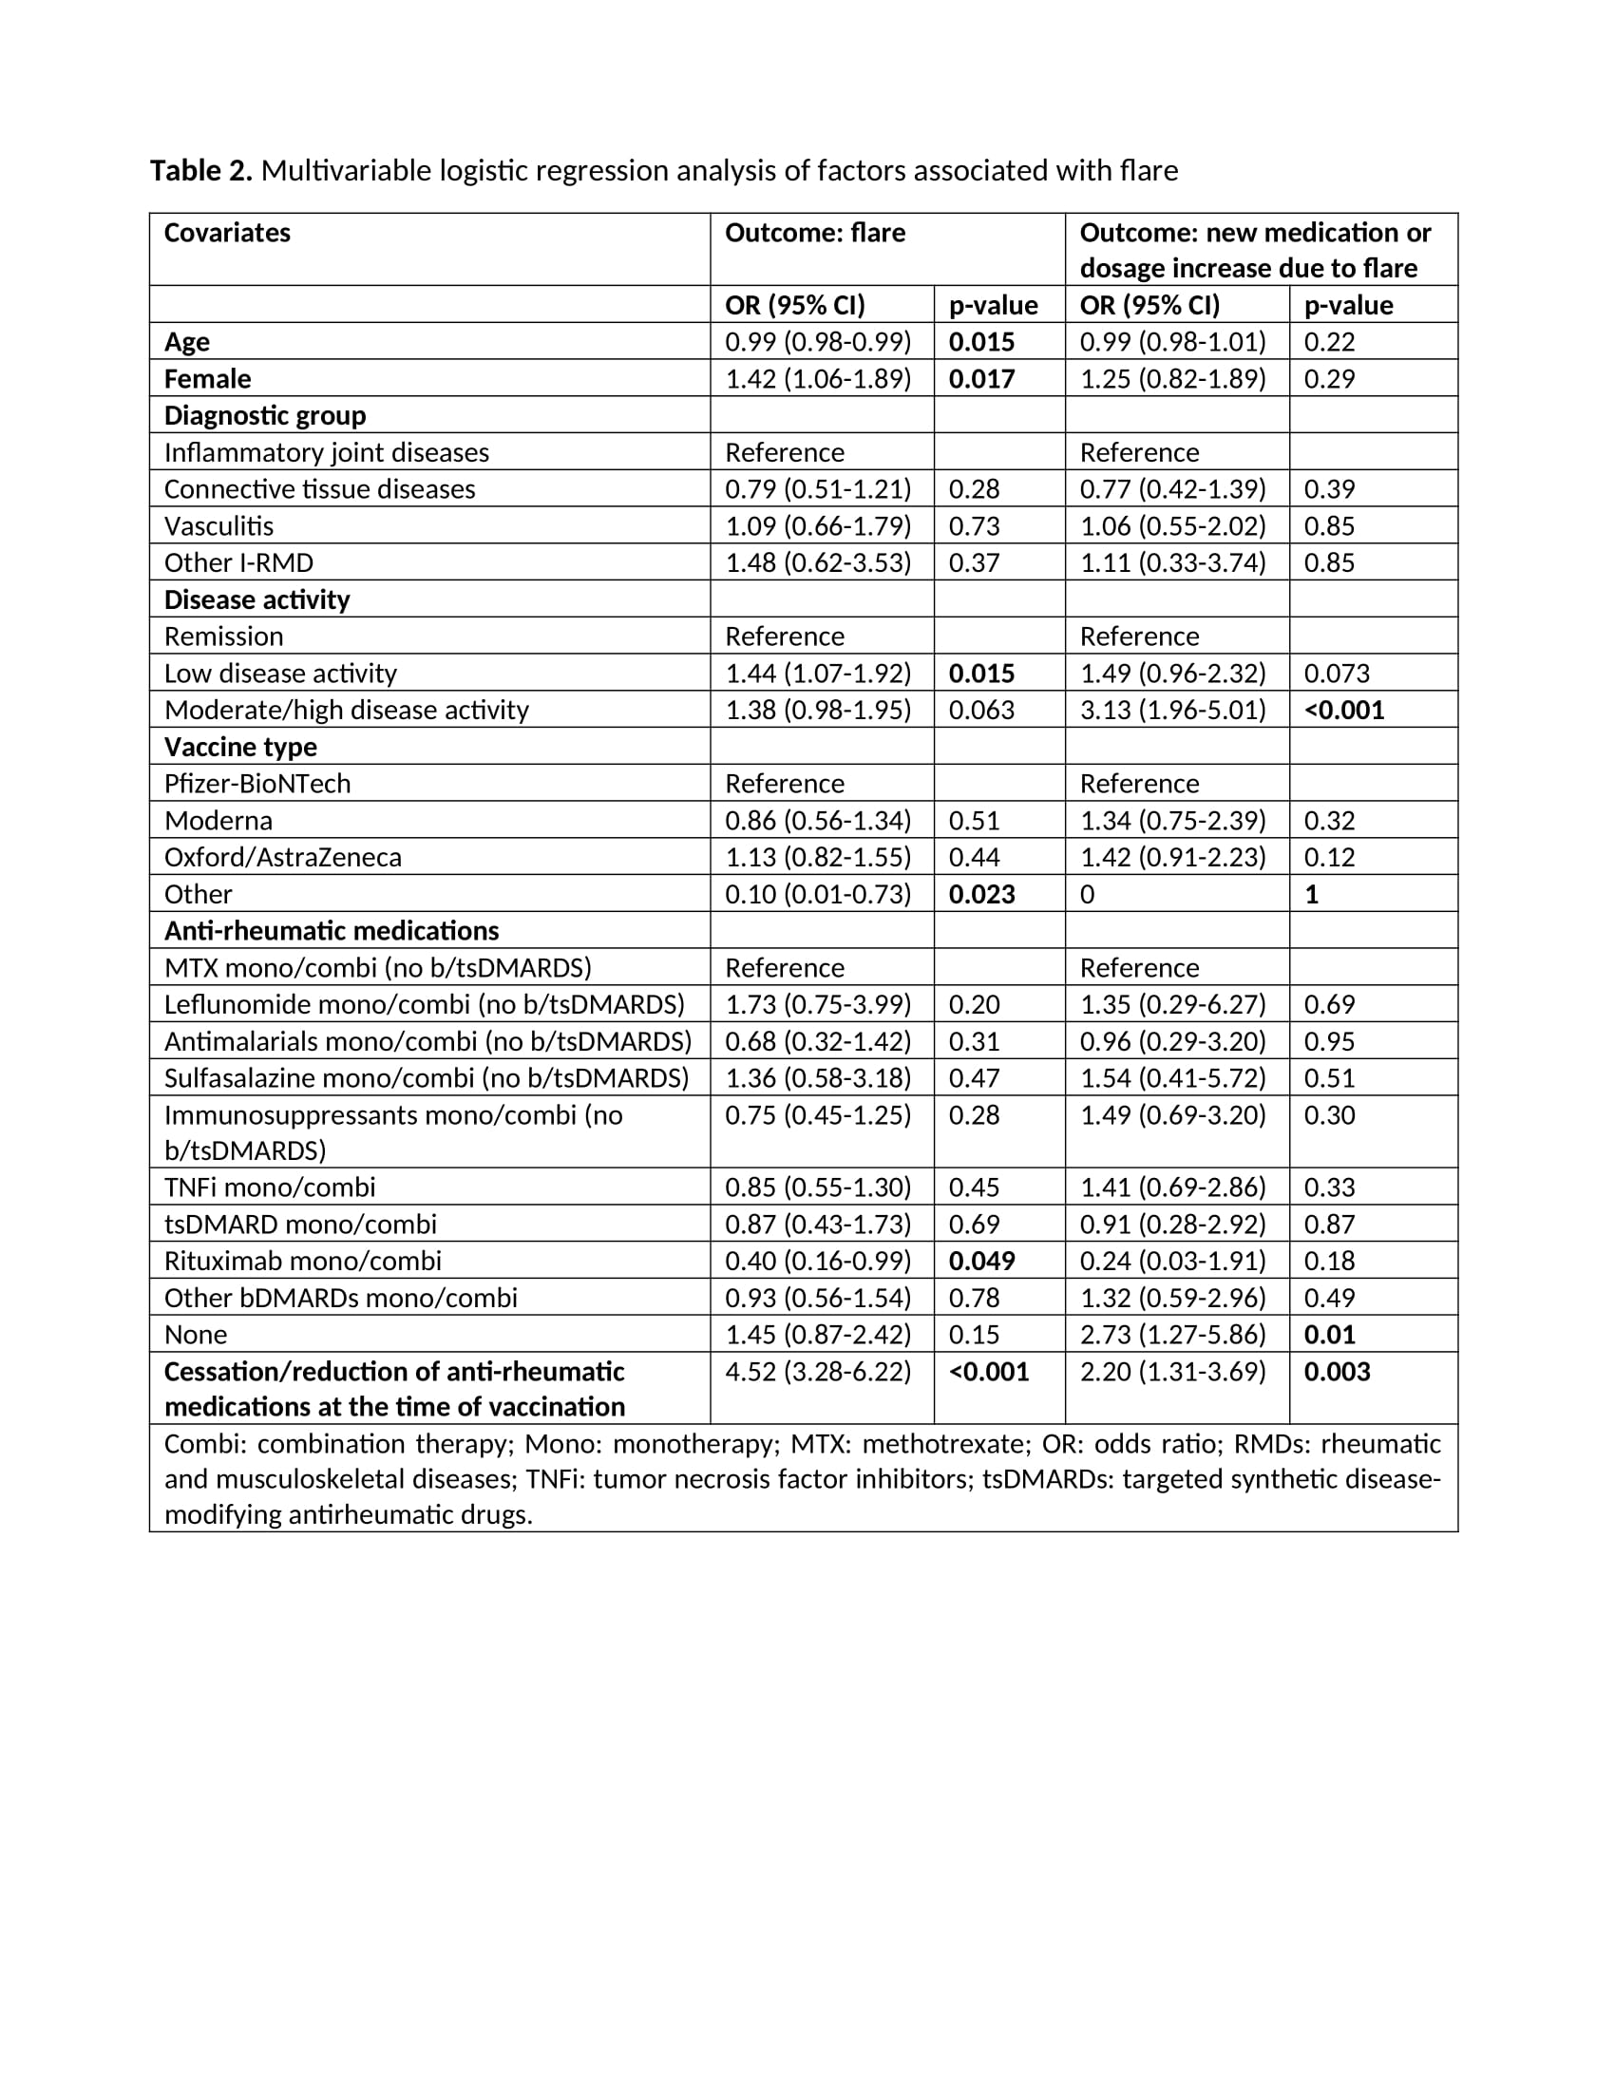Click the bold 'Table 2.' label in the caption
point(200,171)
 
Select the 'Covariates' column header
point(227,234)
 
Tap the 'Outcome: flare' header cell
point(814,234)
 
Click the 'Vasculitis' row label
point(218,526)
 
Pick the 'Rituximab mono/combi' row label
point(302,1262)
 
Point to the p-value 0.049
point(980,1262)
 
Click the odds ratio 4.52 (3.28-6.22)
point(817,1373)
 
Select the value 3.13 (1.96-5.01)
point(1172,710)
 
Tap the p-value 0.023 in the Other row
point(980,895)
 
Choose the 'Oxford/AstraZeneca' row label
point(282,858)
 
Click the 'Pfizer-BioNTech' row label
point(257,784)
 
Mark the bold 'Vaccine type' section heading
point(240,748)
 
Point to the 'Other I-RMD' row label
point(238,562)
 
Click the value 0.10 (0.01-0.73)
point(817,895)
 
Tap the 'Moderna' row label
point(218,821)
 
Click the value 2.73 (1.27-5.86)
point(1172,1335)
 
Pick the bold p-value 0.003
point(1337,1373)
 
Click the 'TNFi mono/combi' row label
point(270,1187)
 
